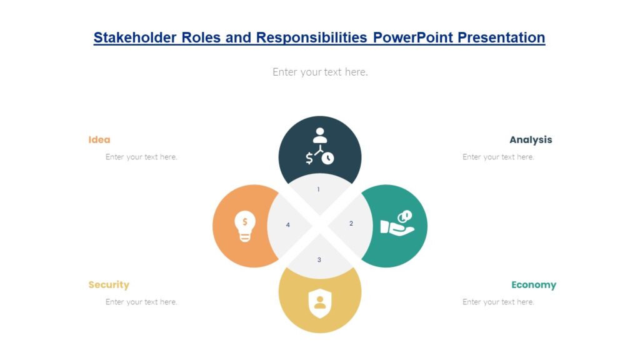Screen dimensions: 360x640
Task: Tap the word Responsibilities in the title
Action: [311, 37]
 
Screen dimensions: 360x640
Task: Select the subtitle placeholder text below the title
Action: [320, 72]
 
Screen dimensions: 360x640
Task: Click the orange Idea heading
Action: [99, 140]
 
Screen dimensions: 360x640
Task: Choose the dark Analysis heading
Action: [531, 140]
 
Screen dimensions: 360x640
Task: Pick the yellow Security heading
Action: [109, 285]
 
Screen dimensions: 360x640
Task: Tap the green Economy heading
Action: [533, 285]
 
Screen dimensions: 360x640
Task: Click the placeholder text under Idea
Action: [141, 157]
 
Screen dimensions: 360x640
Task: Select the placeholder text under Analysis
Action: [498, 157]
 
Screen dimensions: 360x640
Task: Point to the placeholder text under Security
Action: [141, 302]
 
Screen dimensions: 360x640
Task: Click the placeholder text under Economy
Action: [498, 302]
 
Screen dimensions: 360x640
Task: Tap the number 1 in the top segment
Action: [319, 189]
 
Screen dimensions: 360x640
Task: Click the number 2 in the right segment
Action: [351, 224]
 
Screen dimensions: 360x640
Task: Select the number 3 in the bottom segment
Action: [319, 260]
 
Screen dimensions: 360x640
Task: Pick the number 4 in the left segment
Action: [288, 225]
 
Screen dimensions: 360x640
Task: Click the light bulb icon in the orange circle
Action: [245, 226]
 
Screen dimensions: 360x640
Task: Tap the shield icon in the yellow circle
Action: [320, 303]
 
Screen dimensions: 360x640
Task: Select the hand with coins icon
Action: [397, 223]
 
